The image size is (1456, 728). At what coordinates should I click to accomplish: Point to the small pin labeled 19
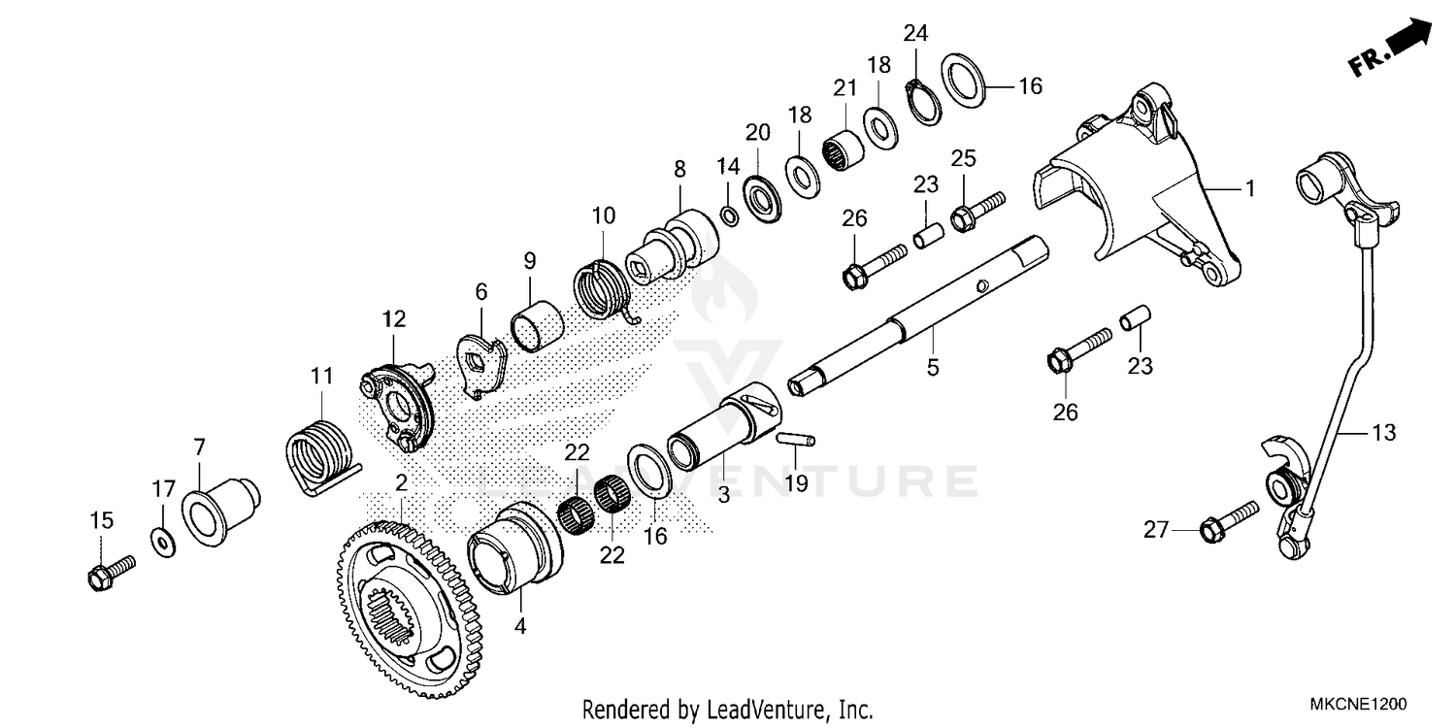tap(797, 440)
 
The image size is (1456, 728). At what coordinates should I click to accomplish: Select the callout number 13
tap(1384, 433)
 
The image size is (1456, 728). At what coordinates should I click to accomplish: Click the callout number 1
tap(1250, 188)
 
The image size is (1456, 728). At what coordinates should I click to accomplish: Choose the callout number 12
tap(393, 318)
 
